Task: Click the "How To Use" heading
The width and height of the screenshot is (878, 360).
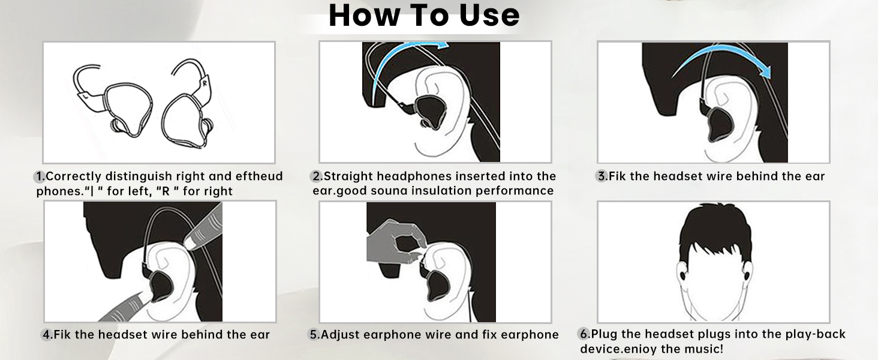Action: point(423,16)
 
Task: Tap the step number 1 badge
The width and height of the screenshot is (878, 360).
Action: point(40,176)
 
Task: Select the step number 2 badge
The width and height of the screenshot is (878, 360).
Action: point(317,176)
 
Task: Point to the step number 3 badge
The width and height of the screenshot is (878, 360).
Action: point(602,176)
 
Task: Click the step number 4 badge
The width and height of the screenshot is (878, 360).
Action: point(47,334)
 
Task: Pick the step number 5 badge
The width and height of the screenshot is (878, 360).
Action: point(314,334)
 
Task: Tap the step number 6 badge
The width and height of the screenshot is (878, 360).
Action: point(584,334)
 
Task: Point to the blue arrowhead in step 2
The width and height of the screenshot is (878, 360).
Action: point(442,45)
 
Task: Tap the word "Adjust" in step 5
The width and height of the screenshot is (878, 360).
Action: point(342,334)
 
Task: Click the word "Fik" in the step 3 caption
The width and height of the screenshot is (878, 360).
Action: point(619,176)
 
